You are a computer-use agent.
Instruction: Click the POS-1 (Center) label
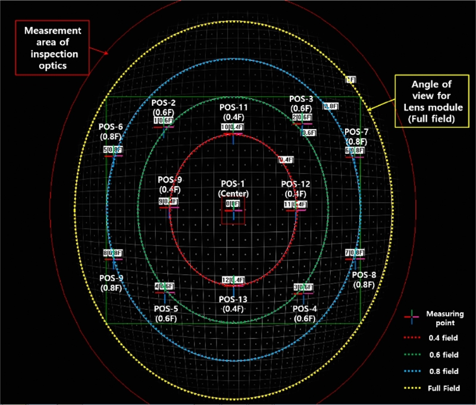tap(233, 190)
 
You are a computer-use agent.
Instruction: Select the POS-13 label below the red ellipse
tap(233, 304)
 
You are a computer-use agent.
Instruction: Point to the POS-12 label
tap(296, 189)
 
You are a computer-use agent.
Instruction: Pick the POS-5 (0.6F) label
tap(166, 313)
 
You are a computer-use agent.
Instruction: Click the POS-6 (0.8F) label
tap(111, 131)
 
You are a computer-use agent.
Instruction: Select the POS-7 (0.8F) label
tap(356, 136)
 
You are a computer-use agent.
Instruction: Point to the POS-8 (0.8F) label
tap(364, 280)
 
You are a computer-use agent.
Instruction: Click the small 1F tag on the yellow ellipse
tap(350, 79)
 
